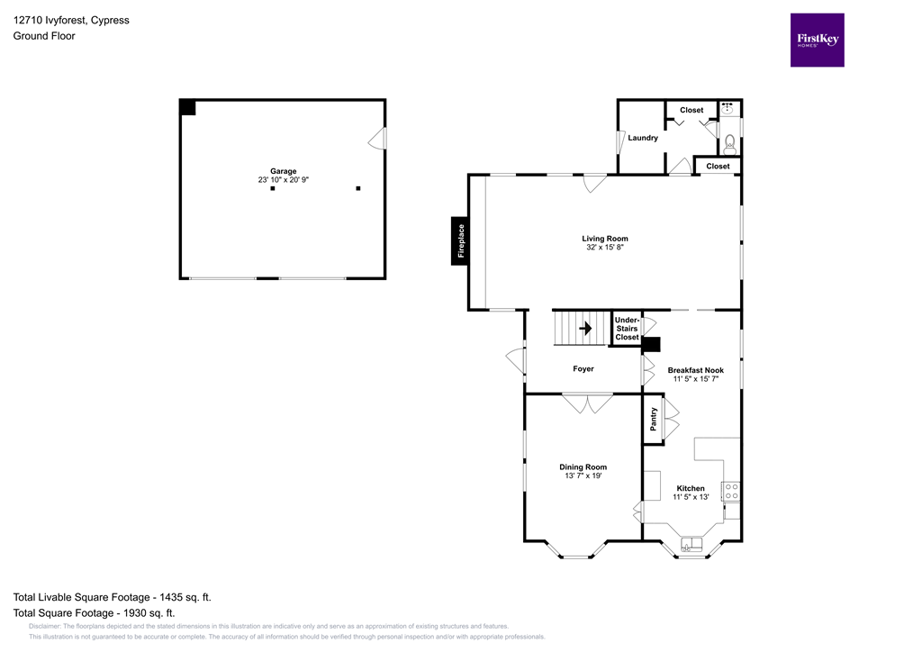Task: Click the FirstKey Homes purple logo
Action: [x=817, y=40]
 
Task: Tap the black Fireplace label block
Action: [x=460, y=240]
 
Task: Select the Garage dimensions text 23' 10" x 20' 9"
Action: [x=284, y=180]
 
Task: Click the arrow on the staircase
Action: [x=584, y=329]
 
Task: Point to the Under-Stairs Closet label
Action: [x=627, y=329]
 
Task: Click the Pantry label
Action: [x=654, y=420]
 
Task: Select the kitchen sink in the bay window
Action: [x=692, y=544]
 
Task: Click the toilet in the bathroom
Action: [x=730, y=142]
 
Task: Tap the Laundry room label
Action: [x=643, y=138]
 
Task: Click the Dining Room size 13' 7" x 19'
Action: [x=583, y=476]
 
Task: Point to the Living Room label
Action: [x=604, y=239]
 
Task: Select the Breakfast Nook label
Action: [x=695, y=370]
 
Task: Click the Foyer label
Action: [x=583, y=368]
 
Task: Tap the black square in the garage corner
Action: [x=187, y=107]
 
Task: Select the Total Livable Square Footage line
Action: [x=113, y=597]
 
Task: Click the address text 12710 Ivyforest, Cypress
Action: [x=71, y=20]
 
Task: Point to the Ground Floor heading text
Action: [x=44, y=36]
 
